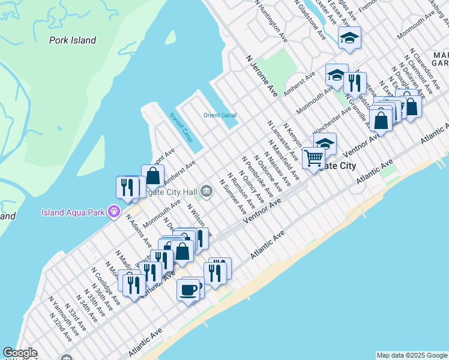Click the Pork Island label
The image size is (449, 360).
[72, 40]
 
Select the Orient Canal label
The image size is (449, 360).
[220, 115]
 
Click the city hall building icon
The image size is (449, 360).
[206, 191]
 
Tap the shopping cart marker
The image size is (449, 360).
[313, 158]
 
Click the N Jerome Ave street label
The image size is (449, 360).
[262, 76]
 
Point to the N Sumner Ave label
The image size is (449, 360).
[234, 197]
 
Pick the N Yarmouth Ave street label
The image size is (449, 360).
[63, 316]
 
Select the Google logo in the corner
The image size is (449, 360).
[19, 353]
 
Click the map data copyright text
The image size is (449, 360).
[412, 355]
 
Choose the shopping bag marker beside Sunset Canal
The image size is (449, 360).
[152, 176]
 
